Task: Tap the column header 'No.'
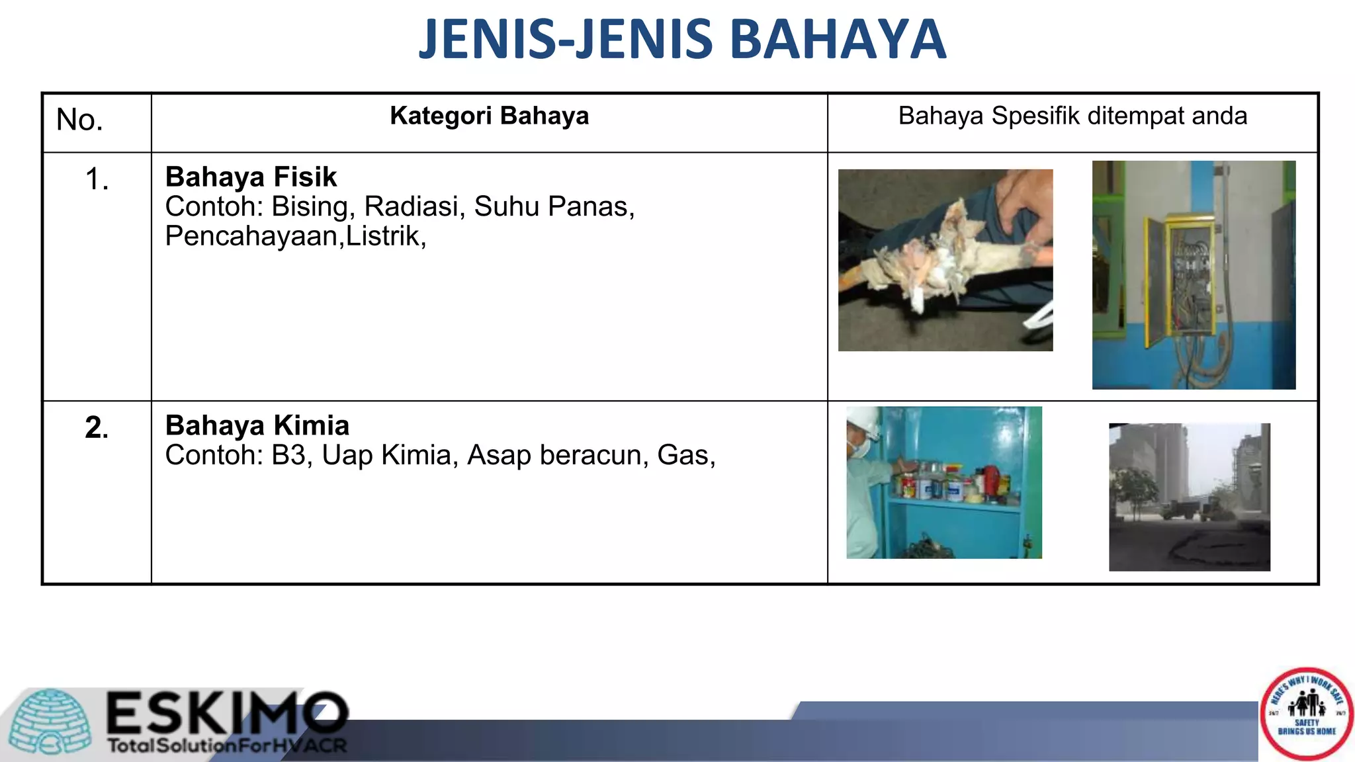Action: point(79,120)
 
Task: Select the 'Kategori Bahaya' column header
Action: point(489,116)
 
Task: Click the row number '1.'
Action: point(97,179)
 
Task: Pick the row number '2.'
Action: point(97,428)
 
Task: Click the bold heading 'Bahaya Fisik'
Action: point(251,177)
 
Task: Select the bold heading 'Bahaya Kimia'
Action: point(257,426)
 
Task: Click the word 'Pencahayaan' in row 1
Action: point(251,236)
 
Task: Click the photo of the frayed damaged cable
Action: point(945,260)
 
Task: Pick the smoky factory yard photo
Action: point(1189,497)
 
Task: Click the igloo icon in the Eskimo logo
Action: point(52,722)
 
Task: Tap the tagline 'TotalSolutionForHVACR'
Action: point(227,746)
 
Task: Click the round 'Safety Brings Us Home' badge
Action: point(1307,714)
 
